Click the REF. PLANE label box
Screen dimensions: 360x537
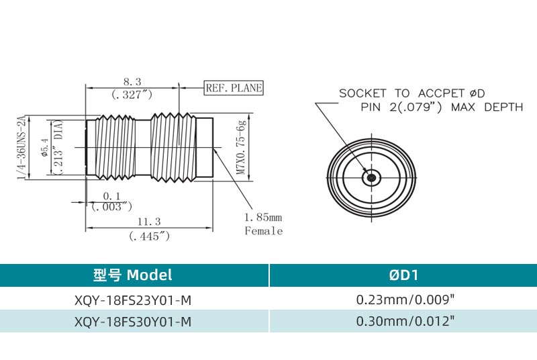pyautogui.click(x=234, y=88)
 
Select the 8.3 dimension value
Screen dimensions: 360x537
pyautogui.click(x=132, y=81)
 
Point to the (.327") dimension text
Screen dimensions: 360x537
pyautogui.click(x=132, y=95)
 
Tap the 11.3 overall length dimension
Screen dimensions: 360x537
pyautogui.click(x=148, y=222)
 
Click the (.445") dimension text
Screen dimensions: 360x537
pyautogui.click(x=148, y=236)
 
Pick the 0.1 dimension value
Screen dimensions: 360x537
pyautogui.click(x=111, y=195)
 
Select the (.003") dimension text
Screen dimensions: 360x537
pyautogui.click(x=111, y=206)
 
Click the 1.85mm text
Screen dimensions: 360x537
pyautogui.click(x=263, y=217)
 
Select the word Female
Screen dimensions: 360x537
pyautogui.click(x=263, y=231)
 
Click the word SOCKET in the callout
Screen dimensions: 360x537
pyautogui.click(x=363, y=93)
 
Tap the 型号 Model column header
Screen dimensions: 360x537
pyautogui.click(x=133, y=275)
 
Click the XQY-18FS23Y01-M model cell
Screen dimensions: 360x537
pyautogui.click(x=133, y=300)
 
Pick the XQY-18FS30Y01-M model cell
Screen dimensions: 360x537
pyautogui.click(x=133, y=322)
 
